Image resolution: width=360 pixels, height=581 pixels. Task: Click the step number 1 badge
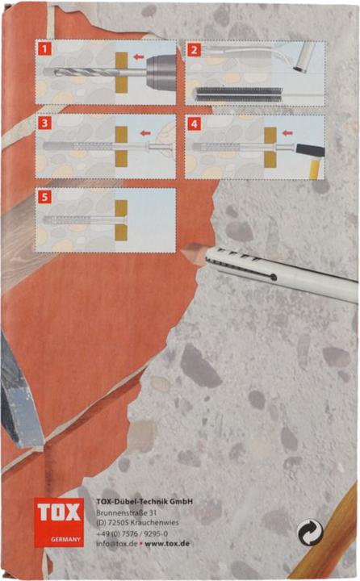(44, 49)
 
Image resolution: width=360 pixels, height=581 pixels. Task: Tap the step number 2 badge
(194, 50)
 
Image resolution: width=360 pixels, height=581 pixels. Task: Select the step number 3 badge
(44, 123)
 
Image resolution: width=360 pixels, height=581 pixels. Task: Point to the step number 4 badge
(194, 123)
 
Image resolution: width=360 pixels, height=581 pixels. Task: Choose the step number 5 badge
(44, 197)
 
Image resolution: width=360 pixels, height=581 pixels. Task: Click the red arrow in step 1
(139, 56)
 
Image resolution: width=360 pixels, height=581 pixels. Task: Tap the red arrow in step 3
(145, 133)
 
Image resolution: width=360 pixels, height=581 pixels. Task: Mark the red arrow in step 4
(287, 132)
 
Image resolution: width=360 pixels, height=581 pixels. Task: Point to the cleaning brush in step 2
(238, 94)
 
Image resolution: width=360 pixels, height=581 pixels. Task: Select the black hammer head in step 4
(310, 150)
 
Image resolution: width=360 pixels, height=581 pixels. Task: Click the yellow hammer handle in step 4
(315, 168)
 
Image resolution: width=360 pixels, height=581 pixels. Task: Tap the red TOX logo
(59, 522)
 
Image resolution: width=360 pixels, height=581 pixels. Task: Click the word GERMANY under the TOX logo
(65, 539)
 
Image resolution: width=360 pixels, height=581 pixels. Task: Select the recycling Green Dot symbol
(310, 533)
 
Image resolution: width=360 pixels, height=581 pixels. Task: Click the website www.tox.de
(167, 544)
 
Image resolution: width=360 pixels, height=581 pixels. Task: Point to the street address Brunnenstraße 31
(127, 513)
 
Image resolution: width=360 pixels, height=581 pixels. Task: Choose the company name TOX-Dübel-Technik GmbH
(144, 501)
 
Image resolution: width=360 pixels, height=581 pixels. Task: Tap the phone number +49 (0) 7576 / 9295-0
(132, 533)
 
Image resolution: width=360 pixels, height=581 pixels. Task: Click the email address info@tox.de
(117, 544)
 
